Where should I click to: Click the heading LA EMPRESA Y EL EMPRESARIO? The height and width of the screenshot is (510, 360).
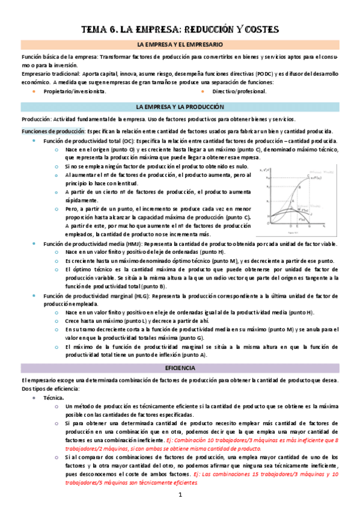(x=180, y=45)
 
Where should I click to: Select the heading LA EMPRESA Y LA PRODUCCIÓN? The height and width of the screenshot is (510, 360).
(x=180, y=106)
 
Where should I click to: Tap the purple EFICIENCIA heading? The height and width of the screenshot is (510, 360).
(x=180, y=367)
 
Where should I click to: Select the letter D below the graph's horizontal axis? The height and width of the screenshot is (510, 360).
(x=291, y=226)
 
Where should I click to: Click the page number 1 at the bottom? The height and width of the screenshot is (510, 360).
(x=180, y=494)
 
